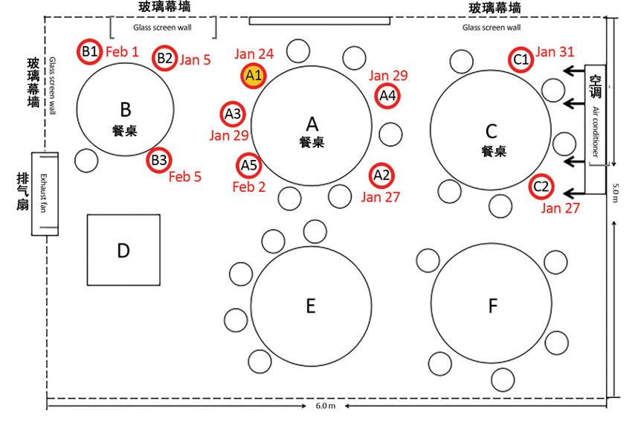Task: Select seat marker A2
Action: coord(381,176)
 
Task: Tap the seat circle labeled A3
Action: coord(233,115)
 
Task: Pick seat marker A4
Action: coord(387,95)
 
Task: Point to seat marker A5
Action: coord(248,165)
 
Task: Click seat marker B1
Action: coord(90,51)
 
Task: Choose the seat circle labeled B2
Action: coord(165,58)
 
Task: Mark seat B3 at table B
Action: coord(159,160)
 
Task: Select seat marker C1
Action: coord(521,59)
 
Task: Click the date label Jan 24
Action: coord(254,54)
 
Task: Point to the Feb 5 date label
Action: coord(185,177)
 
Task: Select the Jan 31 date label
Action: coord(555,51)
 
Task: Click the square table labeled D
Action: coord(123,250)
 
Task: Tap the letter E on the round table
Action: coord(311,305)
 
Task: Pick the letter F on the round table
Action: coord(492,306)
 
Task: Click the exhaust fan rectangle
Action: coord(45,193)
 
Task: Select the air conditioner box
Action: coord(596,129)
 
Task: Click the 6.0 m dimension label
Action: coord(326,408)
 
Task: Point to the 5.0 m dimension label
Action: coord(616,192)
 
